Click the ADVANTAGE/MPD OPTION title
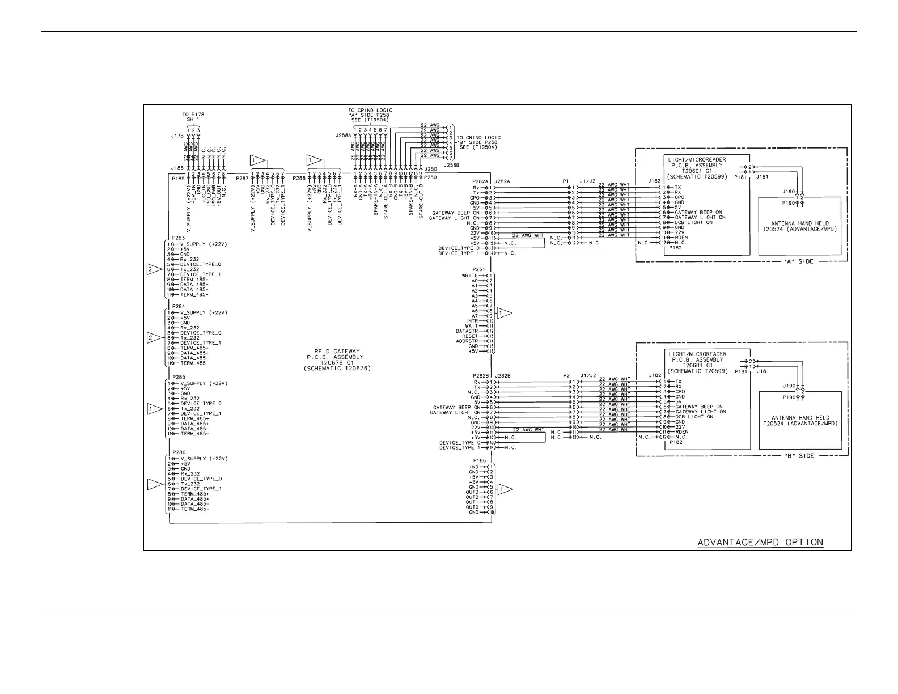(760, 543)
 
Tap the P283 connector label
(178, 238)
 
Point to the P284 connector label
(178, 307)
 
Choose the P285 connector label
(178, 377)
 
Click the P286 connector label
(178, 452)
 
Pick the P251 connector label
(479, 269)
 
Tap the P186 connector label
(479, 461)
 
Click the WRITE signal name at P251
(470, 276)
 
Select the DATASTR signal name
(467, 331)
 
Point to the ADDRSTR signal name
(467, 341)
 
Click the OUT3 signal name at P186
(472, 492)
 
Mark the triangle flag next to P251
(504, 313)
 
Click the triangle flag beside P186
(504, 489)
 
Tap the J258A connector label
(344, 136)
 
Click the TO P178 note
(193, 115)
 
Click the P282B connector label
(481, 375)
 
